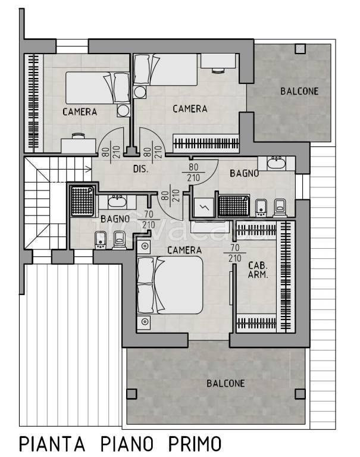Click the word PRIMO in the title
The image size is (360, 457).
195,444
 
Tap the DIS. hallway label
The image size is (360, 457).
141,169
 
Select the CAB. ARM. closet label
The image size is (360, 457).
258,270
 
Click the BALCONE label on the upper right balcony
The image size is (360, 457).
299,91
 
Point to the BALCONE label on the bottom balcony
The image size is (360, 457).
226,383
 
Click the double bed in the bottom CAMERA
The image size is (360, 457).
170,285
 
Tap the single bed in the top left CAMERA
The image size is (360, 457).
98,87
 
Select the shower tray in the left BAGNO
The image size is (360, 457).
83,201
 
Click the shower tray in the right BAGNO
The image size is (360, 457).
234,206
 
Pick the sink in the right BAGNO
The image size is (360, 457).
276,163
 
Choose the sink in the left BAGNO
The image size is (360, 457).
117,202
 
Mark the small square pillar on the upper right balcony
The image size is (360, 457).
300,49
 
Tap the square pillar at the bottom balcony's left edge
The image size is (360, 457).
132,394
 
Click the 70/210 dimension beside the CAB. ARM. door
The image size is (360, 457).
234,253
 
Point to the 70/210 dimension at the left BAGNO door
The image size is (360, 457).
149,220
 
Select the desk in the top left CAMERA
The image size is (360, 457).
79,145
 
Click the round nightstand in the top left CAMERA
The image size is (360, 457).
123,111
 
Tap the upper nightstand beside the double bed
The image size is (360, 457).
144,246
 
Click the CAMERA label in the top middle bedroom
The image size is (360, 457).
190,109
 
